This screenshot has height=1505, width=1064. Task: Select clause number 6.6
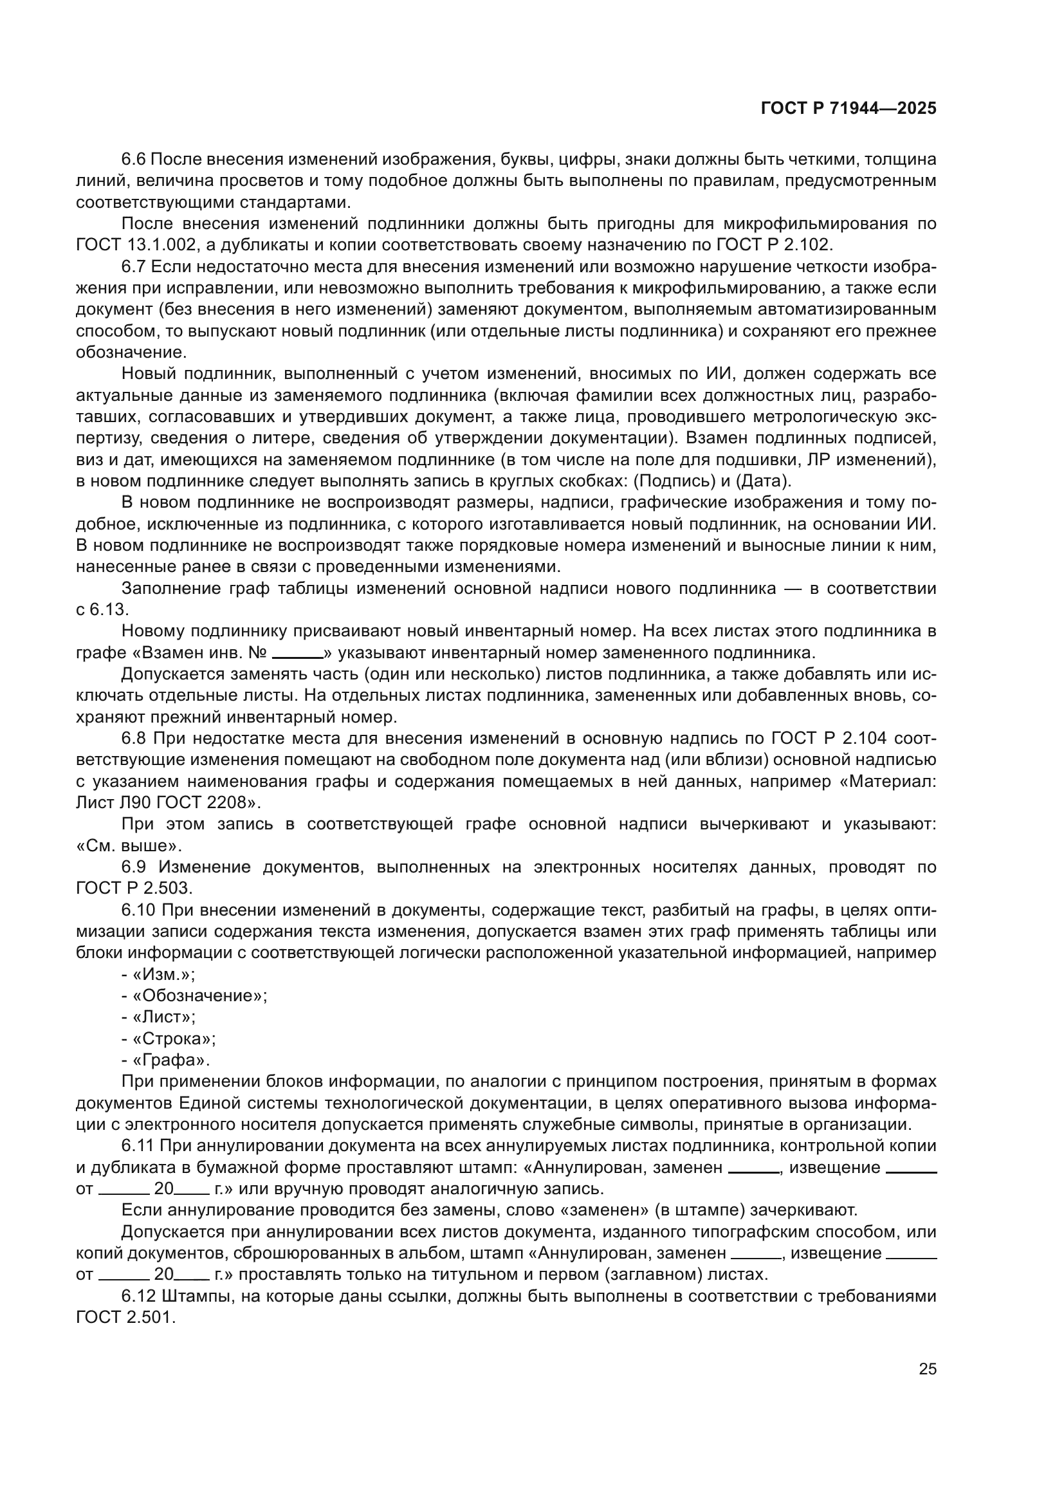pos(136,160)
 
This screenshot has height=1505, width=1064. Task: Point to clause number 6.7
pos(136,267)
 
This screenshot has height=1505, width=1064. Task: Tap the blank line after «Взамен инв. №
pos(297,653)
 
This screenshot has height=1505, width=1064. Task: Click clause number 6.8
pos(136,739)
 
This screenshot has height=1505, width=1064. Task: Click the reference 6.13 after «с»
pos(109,609)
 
